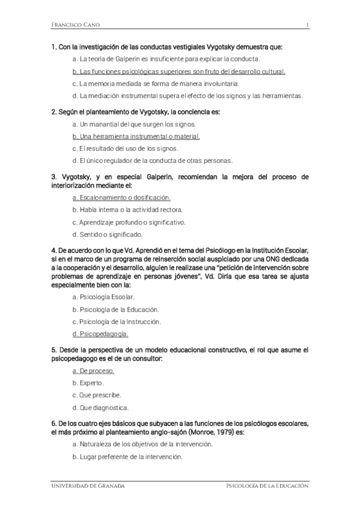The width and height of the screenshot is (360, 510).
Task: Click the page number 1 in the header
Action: (x=307, y=25)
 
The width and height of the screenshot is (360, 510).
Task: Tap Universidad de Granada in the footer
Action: (x=87, y=485)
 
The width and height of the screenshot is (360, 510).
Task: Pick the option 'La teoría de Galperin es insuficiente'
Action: (x=165, y=59)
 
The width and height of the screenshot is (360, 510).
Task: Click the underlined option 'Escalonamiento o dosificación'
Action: (x=121, y=197)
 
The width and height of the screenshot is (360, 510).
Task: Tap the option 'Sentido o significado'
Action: (x=108, y=234)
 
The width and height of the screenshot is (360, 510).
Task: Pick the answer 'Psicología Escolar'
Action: (x=103, y=297)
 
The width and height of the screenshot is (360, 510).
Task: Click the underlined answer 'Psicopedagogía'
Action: (x=100, y=333)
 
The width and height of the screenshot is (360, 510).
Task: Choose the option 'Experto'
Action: (x=88, y=382)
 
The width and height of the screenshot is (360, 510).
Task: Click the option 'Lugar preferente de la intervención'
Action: (x=126, y=457)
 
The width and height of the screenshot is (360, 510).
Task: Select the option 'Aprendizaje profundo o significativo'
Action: (x=129, y=222)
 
